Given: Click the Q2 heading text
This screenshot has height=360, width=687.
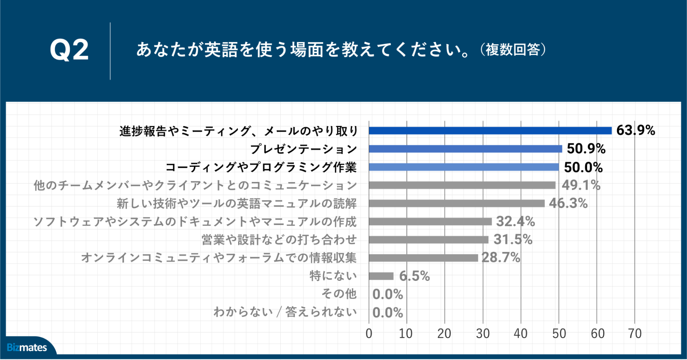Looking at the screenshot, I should [69, 50].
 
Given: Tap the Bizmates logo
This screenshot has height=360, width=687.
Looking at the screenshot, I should [27, 347].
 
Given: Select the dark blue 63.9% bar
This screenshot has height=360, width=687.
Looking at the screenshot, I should [490, 131].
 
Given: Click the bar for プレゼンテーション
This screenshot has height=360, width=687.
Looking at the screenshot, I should [465, 149].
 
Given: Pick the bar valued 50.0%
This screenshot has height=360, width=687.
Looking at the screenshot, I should [464, 167].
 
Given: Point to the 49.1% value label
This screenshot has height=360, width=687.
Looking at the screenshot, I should [581, 185].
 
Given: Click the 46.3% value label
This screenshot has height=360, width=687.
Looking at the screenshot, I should [568, 203].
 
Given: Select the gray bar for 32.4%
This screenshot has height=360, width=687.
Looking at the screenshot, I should [430, 221].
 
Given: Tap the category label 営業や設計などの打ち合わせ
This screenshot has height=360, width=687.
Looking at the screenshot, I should [279, 240].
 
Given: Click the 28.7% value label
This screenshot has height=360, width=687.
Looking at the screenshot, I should [501, 258].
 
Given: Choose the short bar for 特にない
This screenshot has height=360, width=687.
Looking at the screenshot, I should [381, 276].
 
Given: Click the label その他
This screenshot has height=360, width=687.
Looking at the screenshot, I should [339, 294].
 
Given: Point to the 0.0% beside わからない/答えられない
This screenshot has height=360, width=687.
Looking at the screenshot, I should [388, 313].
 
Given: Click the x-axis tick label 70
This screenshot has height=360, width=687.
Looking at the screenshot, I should [635, 334].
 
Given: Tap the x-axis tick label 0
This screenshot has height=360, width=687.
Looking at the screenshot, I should [369, 334].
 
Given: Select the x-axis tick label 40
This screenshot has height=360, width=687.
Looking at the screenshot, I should [521, 334].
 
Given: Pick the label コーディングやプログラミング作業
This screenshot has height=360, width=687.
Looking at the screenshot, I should [261, 167].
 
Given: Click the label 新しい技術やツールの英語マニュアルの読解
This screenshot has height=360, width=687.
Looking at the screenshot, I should [237, 204].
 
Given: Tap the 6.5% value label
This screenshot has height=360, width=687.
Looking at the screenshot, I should [414, 276].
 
